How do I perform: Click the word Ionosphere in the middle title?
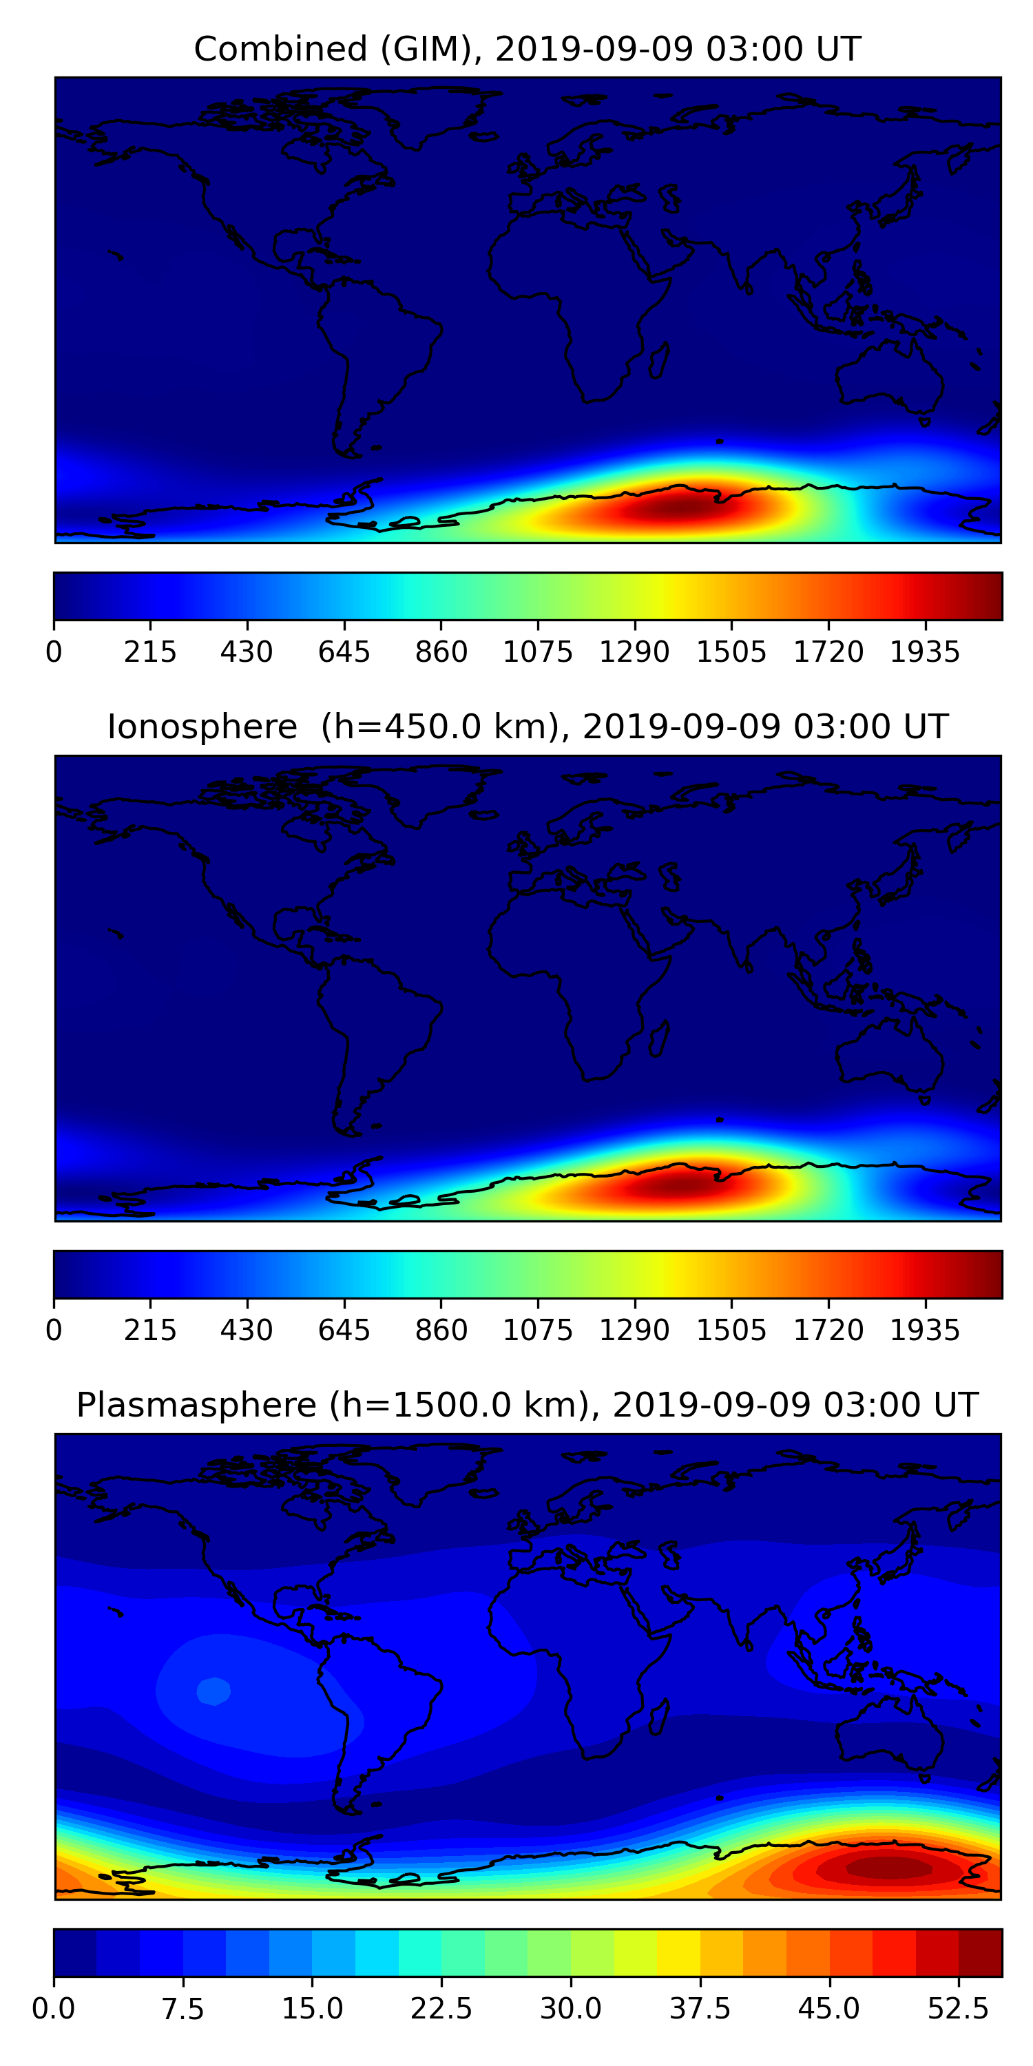pyautogui.click(x=202, y=727)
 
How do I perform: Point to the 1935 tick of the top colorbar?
pyautogui.click(x=925, y=652)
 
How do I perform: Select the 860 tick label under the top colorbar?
pyautogui.click(x=441, y=652)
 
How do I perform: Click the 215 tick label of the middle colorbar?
pyautogui.click(x=150, y=1330)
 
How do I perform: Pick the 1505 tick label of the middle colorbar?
pyautogui.click(x=731, y=1330)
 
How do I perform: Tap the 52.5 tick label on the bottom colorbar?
pyautogui.click(x=959, y=2008)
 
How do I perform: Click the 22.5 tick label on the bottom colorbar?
pyautogui.click(x=441, y=2008)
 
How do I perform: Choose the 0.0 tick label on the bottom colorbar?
pyautogui.click(x=54, y=2008)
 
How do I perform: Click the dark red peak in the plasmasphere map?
pyautogui.click(x=888, y=1868)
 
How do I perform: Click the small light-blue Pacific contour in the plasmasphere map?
pyautogui.click(x=213, y=1691)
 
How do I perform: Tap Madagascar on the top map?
pyautogui.click(x=659, y=361)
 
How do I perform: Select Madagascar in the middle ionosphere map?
pyautogui.click(x=659, y=1039)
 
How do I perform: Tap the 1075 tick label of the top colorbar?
pyautogui.click(x=537, y=652)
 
